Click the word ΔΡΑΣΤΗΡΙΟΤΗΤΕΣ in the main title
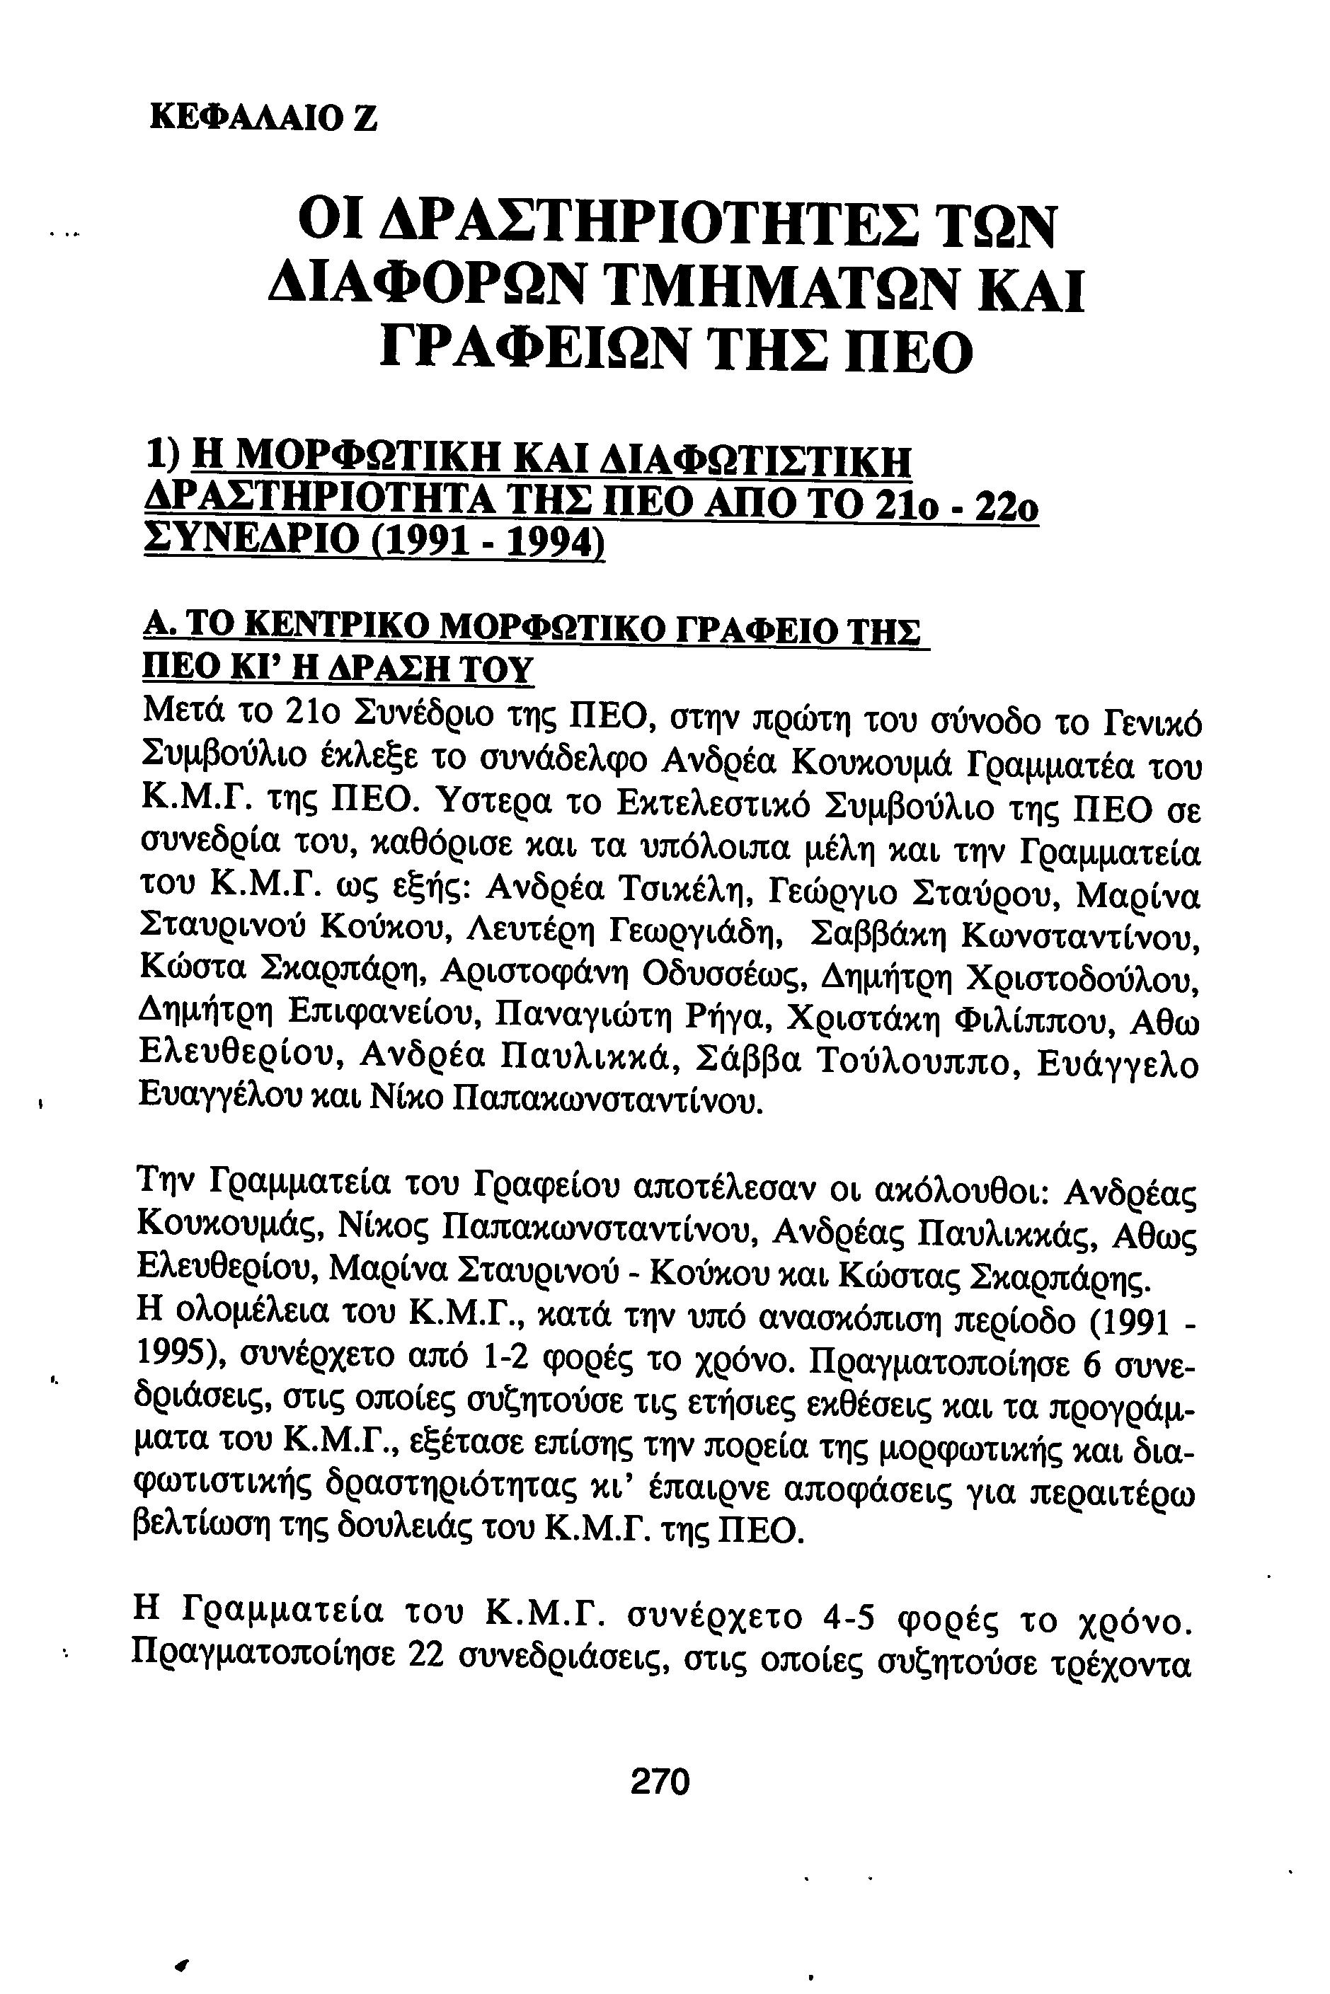607,225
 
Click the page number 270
661,1781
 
